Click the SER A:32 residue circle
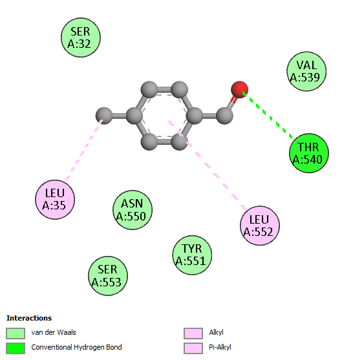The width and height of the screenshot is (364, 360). (x=81, y=37)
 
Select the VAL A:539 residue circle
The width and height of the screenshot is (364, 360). (x=306, y=71)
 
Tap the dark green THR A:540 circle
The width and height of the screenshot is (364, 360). (x=309, y=153)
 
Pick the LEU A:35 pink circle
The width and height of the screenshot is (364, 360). (x=55, y=199)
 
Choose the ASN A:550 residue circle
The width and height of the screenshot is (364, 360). (x=133, y=210)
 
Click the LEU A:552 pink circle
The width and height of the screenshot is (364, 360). (x=259, y=226)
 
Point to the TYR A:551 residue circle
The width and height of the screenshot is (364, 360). (x=192, y=255)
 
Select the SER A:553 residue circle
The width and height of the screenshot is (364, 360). (x=108, y=276)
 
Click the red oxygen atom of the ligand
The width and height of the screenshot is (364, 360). (x=239, y=90)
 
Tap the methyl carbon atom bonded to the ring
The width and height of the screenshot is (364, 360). (x=104, y=116)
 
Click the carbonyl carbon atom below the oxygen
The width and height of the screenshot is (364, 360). (x=224, y=116)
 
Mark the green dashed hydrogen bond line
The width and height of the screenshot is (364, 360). (x=268, y=115)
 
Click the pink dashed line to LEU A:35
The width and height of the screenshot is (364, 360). (x=84, y=149)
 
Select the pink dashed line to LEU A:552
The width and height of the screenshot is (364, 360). (x=208, y=165)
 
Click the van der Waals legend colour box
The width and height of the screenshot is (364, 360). (x=16, y=334)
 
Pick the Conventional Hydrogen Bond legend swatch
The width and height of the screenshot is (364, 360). (x=16, y=348)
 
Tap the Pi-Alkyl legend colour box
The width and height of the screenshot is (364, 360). (x=193, y=348)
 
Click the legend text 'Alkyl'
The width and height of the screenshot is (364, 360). (x=216, y=332)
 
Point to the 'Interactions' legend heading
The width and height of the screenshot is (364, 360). (x=29, y=318)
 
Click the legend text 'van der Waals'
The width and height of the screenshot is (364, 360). (x=54, y=332)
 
